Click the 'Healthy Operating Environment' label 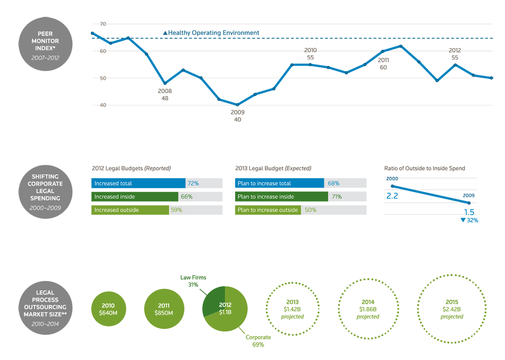coord(211,33)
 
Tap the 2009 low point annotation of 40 coord(237,116)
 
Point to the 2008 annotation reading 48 coord(165,95)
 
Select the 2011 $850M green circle coord(164,309)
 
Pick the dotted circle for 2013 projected coord(292,309)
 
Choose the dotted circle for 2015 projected coord(452,309)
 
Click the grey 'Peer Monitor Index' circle coord(45,44)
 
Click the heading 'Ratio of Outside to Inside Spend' coord(425,168)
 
